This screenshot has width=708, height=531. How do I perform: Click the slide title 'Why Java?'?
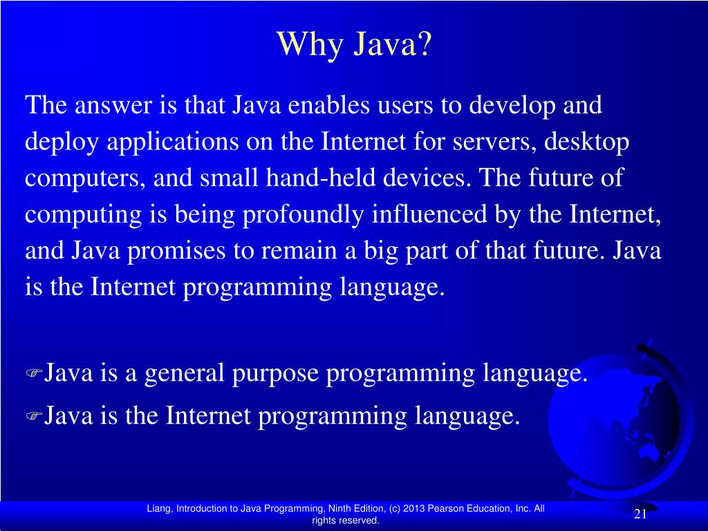pos(354,46)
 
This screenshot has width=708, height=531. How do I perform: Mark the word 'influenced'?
pos(430,214)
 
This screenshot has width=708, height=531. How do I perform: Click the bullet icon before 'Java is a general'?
pos(34,375)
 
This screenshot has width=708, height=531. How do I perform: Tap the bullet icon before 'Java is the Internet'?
pos(34,417)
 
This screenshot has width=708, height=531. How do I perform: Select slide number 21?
pos(640,514)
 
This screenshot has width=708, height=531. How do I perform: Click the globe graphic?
pos(622,422)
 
